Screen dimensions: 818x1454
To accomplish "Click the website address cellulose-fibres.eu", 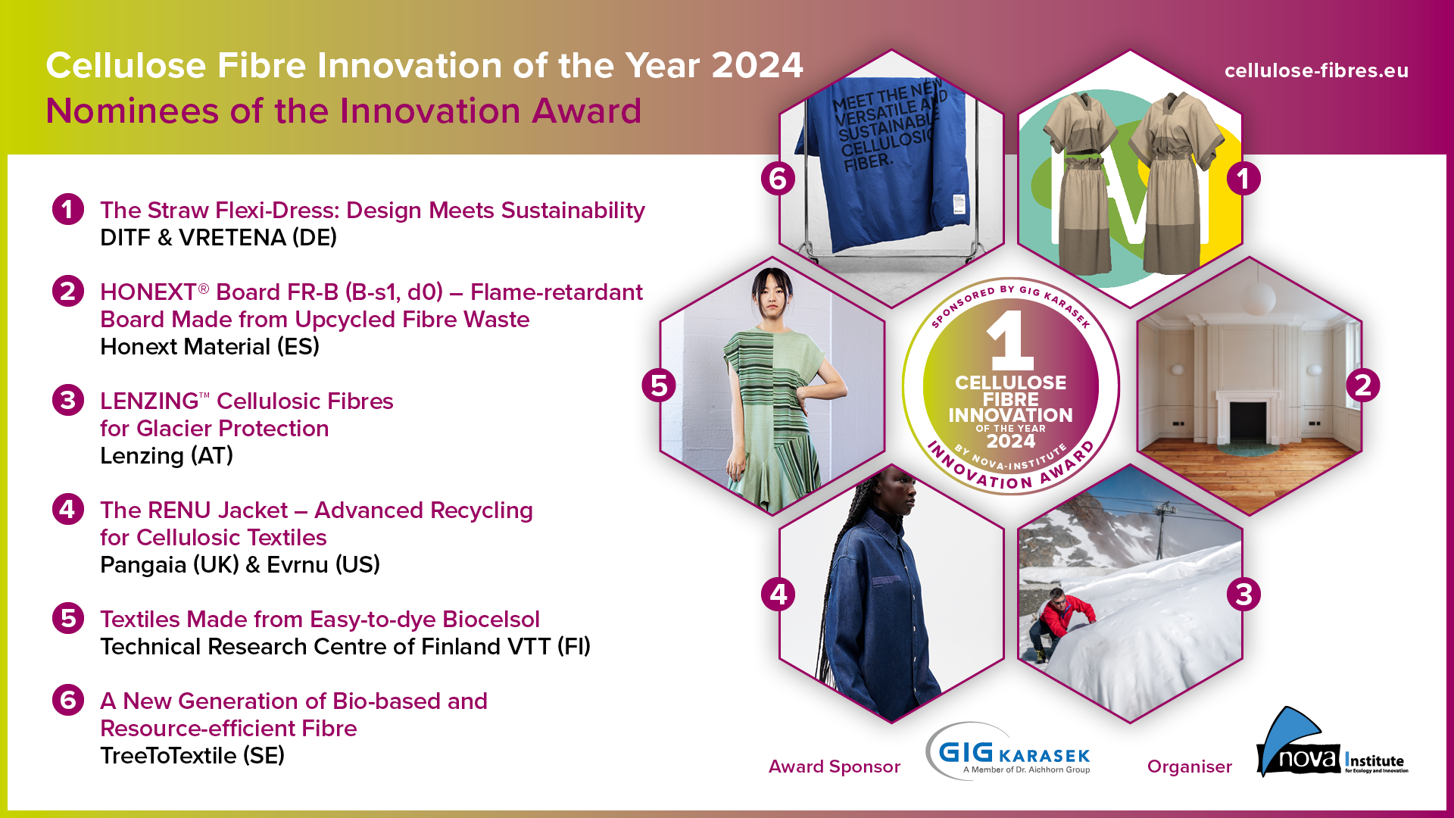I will pos(1316,70).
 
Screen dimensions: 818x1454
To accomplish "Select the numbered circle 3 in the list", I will pos(67,400).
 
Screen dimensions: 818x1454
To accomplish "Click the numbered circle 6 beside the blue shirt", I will pos(778,179).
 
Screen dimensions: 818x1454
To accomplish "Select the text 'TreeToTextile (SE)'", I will pos(192,756).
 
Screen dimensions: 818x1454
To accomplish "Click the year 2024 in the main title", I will pos(757,65).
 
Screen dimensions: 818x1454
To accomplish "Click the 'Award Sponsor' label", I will pos(834,766).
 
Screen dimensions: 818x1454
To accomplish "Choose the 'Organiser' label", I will pos(1189,766).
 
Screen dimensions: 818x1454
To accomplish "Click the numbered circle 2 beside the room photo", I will pos(1362,385).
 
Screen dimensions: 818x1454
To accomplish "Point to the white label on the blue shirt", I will pos(958,204).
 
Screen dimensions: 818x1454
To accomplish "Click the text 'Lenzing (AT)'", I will pos(167,456).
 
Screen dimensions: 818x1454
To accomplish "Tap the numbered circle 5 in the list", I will pos(67,618).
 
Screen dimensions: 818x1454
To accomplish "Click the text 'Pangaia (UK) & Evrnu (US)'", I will pos(240,565).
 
